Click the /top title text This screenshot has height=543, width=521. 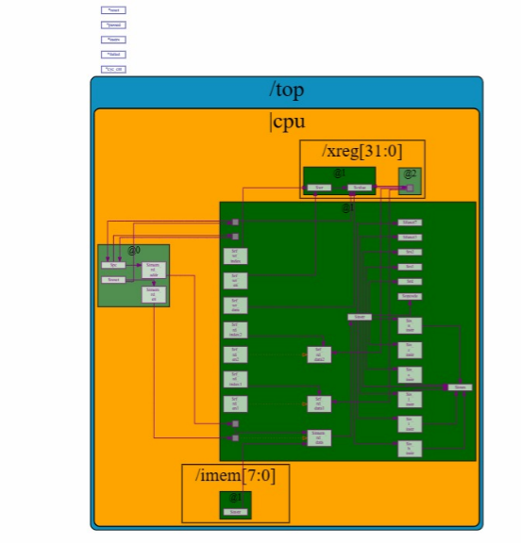tap(287, 90)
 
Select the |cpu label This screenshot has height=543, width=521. tap(287, 122)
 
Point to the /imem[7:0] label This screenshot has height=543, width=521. tap(235, 475)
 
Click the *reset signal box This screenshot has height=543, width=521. tap(113, 10)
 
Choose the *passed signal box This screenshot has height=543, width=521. tap(113, 25)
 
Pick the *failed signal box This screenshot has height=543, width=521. tap(113, 55)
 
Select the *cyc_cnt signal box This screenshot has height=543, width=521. tap(113, 70)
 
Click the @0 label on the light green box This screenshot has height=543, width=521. tap(134, 251)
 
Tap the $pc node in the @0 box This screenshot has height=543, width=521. tap(113, 265)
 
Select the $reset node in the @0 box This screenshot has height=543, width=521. tap(113, 280)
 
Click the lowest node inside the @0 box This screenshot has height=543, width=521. tap(153, 294)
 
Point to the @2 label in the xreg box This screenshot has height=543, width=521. tap(410, 173)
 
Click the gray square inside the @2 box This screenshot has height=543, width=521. tap(409, 188)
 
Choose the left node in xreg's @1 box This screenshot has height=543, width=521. tap(319, 188)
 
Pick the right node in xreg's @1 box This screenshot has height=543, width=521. tap(359, 188)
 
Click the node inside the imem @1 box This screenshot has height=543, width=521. tap(235, 512)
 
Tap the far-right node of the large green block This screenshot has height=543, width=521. tap(460, 387)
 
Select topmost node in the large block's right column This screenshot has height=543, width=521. tap(410, 222)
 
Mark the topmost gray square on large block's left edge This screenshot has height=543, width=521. tap(235, 222)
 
